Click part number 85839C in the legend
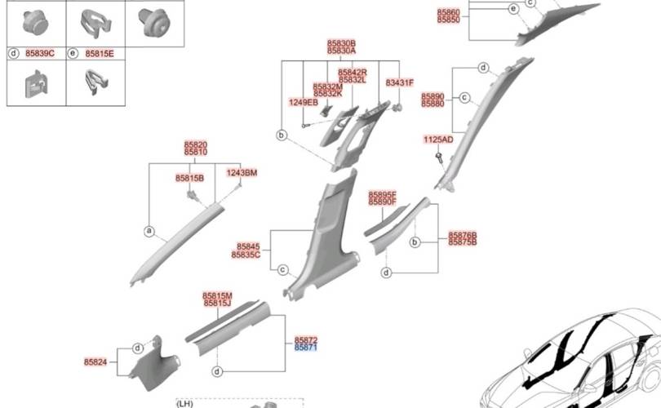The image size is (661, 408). pyautogui.click(x=39, y=53)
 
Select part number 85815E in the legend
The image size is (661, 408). pyautogui.click(x=100, y=53)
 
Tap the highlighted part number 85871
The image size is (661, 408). pyautogui.click(x=306, y=347)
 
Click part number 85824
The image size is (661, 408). pyautogui.click(x=95, y=361)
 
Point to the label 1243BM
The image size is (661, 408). pyautogui.click(x=242, y=173)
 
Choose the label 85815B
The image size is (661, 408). pyautogui.click(x=189, y=177)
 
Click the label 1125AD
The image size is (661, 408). pyautogui.click(x=438, y=140)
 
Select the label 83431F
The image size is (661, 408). pyautogui.click(x=400, y=83)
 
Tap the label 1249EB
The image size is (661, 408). pyautogui.click(x=304, y=103)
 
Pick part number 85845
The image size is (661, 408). pyautogui.click(x=248, y=246)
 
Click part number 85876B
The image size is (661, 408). pyautogui.click(x=462, y=235)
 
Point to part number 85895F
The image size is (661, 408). pyautogui.click(x=382, y=194)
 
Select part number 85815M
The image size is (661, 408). pyautogui.click(x=217, y=295)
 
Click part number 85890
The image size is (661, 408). pyautogui.click(x=433, y=96)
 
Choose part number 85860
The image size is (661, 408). pyautogui.click(x=448, y=11)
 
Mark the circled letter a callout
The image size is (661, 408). pyautogui.click(x=149, y=231)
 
